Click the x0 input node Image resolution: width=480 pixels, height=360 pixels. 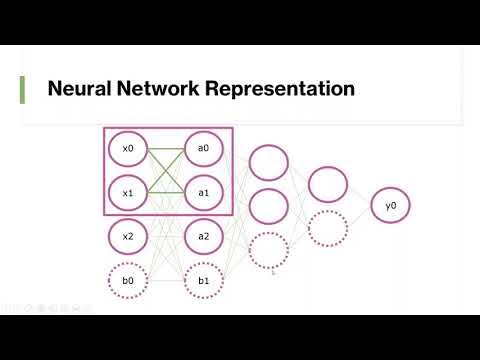pyautogui.click(x=127, y=149)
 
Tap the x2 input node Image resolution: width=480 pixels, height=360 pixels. pyautogui.click(x=127, y=237)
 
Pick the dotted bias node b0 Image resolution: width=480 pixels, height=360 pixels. pyautogui.click(x=127, y=281)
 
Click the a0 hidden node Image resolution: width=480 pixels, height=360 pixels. pyautogui.click(x=203, y=149)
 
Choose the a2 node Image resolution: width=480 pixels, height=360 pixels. pyautogui.click(x=203, y=237)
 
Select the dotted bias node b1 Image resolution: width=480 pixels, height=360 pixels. pyautogui.click(x=203, y=281)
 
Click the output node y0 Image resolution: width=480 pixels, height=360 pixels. pyautogui.click(x=390, y=205)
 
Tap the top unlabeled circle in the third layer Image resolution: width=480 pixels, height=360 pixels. pyautogui.click(x=268, y=162)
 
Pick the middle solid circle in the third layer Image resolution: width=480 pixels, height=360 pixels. pyautogui.click(x=268, y=206)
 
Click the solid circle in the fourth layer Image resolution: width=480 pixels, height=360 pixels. pyautogui.click(x=328, y=184)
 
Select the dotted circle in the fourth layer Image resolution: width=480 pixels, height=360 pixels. pyautogui.click(x=328, y=228)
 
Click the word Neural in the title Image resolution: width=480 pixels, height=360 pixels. pyautogui.click(x=80, y=89)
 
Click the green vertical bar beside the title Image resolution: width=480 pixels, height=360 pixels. pyautogui.click(x=23, y=89)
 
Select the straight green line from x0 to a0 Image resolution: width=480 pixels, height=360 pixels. pyautogui.click(x=165, y=149)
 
